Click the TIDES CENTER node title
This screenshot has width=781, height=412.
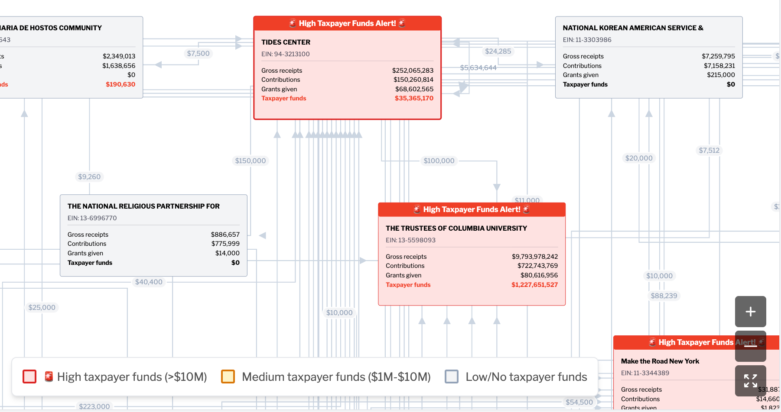point(286,42)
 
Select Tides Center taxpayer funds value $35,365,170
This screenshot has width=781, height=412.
point(414,98)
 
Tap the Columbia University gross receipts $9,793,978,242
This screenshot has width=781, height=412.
point(534,257)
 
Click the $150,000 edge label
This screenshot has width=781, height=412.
point(251,161)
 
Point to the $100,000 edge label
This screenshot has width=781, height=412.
point(439,161)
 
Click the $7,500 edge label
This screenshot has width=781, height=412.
point(198,54)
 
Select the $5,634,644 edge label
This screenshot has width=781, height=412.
point(478,68)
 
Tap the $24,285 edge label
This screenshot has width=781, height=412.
point(498,51)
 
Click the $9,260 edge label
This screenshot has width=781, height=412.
point(89,177)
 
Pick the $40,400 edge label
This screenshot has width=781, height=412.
point(149,282)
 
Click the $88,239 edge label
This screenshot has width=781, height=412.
point(664,296)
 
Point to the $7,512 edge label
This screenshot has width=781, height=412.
point(709,151)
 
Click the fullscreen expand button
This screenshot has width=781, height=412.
point(750,381)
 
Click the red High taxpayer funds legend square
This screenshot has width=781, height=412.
point(29,377)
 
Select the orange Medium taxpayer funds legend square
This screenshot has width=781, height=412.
point(228,377)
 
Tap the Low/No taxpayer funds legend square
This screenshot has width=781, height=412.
point(452,377)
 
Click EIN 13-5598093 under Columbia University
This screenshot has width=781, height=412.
point(410,240)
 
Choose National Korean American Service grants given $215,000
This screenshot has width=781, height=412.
point(721,75)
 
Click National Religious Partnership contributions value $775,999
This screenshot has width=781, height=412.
point(225,244)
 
